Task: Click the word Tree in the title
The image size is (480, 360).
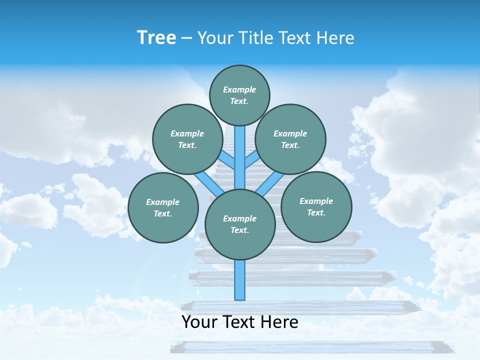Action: [x=156, y=38]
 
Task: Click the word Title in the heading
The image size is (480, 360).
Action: [x=254, y=38]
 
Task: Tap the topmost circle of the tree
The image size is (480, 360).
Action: [x=239, y=95]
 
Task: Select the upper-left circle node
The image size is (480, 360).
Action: [x=187, y=139]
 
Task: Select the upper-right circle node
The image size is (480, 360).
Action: [x=290, y=139]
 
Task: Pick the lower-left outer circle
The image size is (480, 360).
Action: [x=163, y=207]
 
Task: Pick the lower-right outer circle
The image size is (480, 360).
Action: [x=316, y=206]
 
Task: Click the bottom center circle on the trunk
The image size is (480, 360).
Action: [x=240, y=224]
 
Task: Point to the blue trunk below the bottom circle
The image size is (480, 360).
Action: [x=240, y=280]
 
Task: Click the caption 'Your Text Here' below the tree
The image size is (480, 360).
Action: [x=240, y=322]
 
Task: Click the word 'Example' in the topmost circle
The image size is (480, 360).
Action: [x=239, y=89]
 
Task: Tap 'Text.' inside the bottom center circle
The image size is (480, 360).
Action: [x=239, y=230]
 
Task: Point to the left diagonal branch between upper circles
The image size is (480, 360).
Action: [x=228, y=160]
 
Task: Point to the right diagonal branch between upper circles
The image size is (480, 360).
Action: [x=251, y=160]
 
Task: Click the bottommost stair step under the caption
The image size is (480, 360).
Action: [x=307, y=346]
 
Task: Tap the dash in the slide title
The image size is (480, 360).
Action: [x=186, y=38]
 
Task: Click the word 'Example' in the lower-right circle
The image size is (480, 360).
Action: [x=316, y=201]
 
